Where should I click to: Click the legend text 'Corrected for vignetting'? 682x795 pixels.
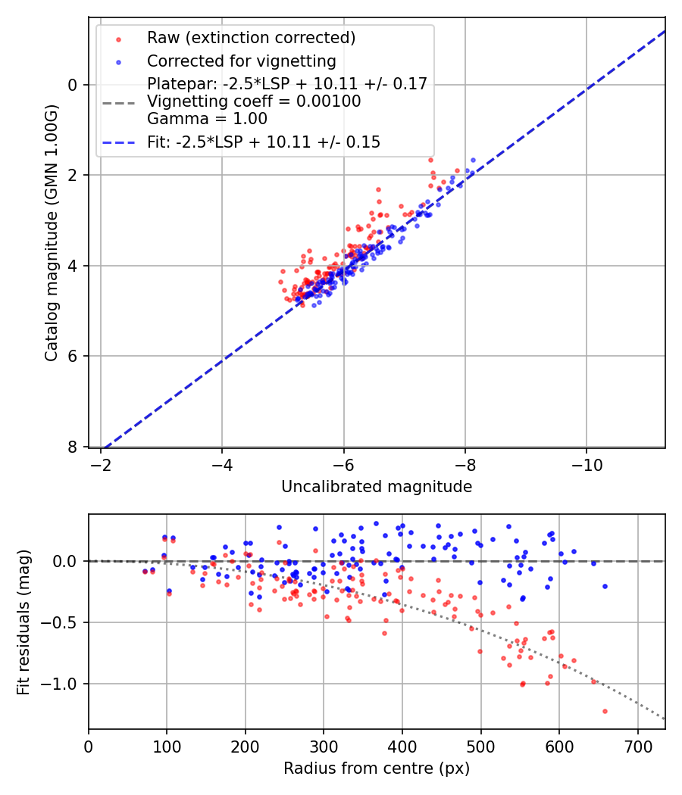241,61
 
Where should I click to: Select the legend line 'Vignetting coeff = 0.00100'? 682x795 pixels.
254,101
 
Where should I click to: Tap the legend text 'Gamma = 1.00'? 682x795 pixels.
207,119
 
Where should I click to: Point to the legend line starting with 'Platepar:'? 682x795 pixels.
286,83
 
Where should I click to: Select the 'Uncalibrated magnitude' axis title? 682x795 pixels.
377,487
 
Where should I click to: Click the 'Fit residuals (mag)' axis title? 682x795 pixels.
23,621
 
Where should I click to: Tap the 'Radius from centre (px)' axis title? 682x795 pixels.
377,768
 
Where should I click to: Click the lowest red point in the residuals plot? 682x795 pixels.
605,711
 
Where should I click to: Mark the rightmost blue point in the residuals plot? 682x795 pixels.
605,586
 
